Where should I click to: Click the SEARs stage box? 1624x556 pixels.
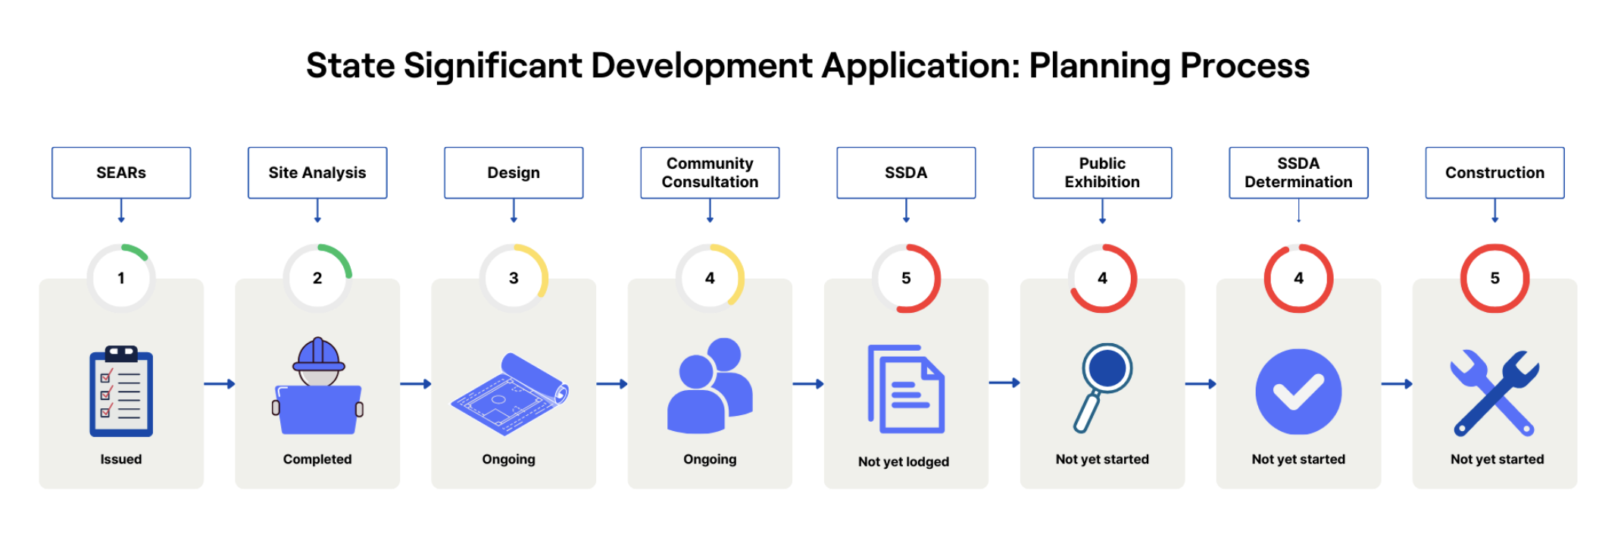[121, 173]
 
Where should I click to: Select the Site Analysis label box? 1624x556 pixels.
[317, 173]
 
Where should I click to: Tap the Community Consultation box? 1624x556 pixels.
[710, 173]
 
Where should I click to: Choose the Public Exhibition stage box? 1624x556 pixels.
[1102, 173]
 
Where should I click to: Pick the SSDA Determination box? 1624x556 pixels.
[1298, 173]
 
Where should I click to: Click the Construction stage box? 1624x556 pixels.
[1494, 173]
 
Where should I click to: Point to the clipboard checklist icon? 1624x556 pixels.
[121, 392]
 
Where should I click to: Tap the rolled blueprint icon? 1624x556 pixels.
[510, 393]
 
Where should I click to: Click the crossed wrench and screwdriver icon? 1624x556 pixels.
[1494, 392]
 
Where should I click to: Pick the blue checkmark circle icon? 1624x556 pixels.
[1298, 392]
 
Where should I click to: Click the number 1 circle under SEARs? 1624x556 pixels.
[121, 278]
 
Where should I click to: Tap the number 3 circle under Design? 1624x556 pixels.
[514, 278]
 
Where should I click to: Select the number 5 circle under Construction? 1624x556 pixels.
[1494, 278]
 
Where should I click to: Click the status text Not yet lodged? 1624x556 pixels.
[904, 461]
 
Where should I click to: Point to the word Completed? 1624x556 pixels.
[317, 459]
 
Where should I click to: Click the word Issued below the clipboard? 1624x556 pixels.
[121, 459]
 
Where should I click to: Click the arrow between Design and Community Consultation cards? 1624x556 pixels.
[612, 384]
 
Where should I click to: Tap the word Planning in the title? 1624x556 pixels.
[1099, 67]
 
